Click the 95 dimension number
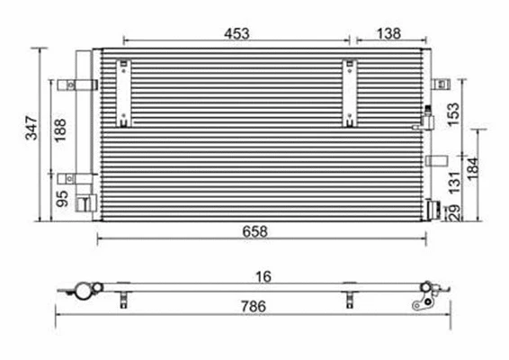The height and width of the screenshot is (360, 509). click(x=62, y=197)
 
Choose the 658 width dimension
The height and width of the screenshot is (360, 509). click(x=254, y=230)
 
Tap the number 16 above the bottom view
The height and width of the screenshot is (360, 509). click(x=263, y=275)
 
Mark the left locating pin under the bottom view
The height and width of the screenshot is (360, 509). click(x=121, y=300)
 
